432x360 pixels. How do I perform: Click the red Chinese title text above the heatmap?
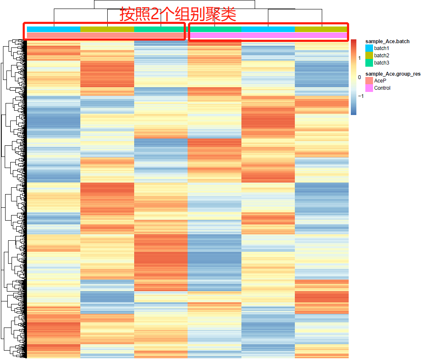tap(178, 14)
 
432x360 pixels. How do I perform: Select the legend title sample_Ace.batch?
tap(387, 41)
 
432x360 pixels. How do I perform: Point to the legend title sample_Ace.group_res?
tap(393, 74)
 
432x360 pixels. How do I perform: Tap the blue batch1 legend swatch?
tap(369, 48)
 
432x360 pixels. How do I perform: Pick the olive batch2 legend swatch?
tap(369, 56)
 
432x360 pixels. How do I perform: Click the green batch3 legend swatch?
tap(369, 63)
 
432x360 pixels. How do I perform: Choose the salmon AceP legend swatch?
tap(369, 81)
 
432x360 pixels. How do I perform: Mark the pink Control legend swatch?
tap(369, 88)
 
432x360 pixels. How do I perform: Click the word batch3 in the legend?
tap(382, 63)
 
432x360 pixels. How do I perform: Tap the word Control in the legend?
tap(382, 88)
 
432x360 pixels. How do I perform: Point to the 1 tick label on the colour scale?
tap(359, 58)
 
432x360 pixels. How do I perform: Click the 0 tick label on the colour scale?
tap(359, 77)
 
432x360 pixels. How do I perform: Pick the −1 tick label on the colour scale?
tap(360, 96)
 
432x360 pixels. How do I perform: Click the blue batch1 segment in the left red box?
tap(53, 29)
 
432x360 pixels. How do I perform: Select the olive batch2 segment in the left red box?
tap(107, 29)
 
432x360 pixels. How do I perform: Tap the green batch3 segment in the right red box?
tap(215, 29)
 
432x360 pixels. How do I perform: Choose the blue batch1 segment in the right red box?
tap(268, 29)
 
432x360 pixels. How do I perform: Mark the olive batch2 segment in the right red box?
tap(321, 29)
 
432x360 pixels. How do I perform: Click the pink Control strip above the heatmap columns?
tap(268, 35)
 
